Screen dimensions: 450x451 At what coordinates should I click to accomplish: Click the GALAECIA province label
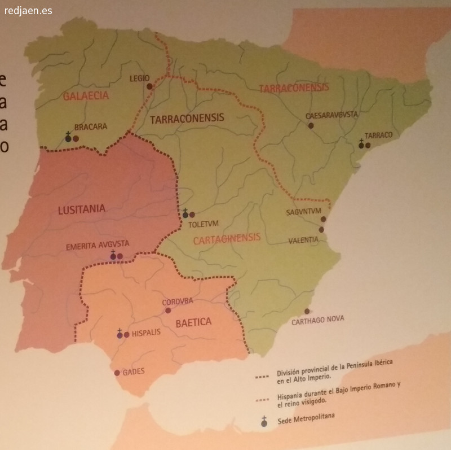[86, 96]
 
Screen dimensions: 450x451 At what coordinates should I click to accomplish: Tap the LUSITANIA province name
[81, 210]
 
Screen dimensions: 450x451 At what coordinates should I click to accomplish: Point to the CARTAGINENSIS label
[227, 238]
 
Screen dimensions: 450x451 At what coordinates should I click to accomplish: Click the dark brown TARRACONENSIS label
[187, 118]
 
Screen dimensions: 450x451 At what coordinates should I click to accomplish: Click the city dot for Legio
[149, 86]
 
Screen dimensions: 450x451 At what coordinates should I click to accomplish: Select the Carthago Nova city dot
[307, 311]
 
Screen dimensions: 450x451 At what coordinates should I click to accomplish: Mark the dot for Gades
[117, 373]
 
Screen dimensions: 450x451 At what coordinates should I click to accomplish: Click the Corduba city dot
[167, 310]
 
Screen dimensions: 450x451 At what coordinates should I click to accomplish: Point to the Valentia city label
[303, 240]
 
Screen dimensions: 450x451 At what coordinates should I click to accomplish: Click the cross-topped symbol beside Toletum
[185, 213]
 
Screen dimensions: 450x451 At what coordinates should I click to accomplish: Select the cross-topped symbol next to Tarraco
[361, 145]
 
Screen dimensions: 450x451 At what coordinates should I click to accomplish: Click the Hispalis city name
[146, 333]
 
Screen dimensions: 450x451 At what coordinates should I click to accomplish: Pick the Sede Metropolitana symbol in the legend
[263, 421]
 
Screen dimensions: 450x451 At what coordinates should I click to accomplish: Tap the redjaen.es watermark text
[28, 11]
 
